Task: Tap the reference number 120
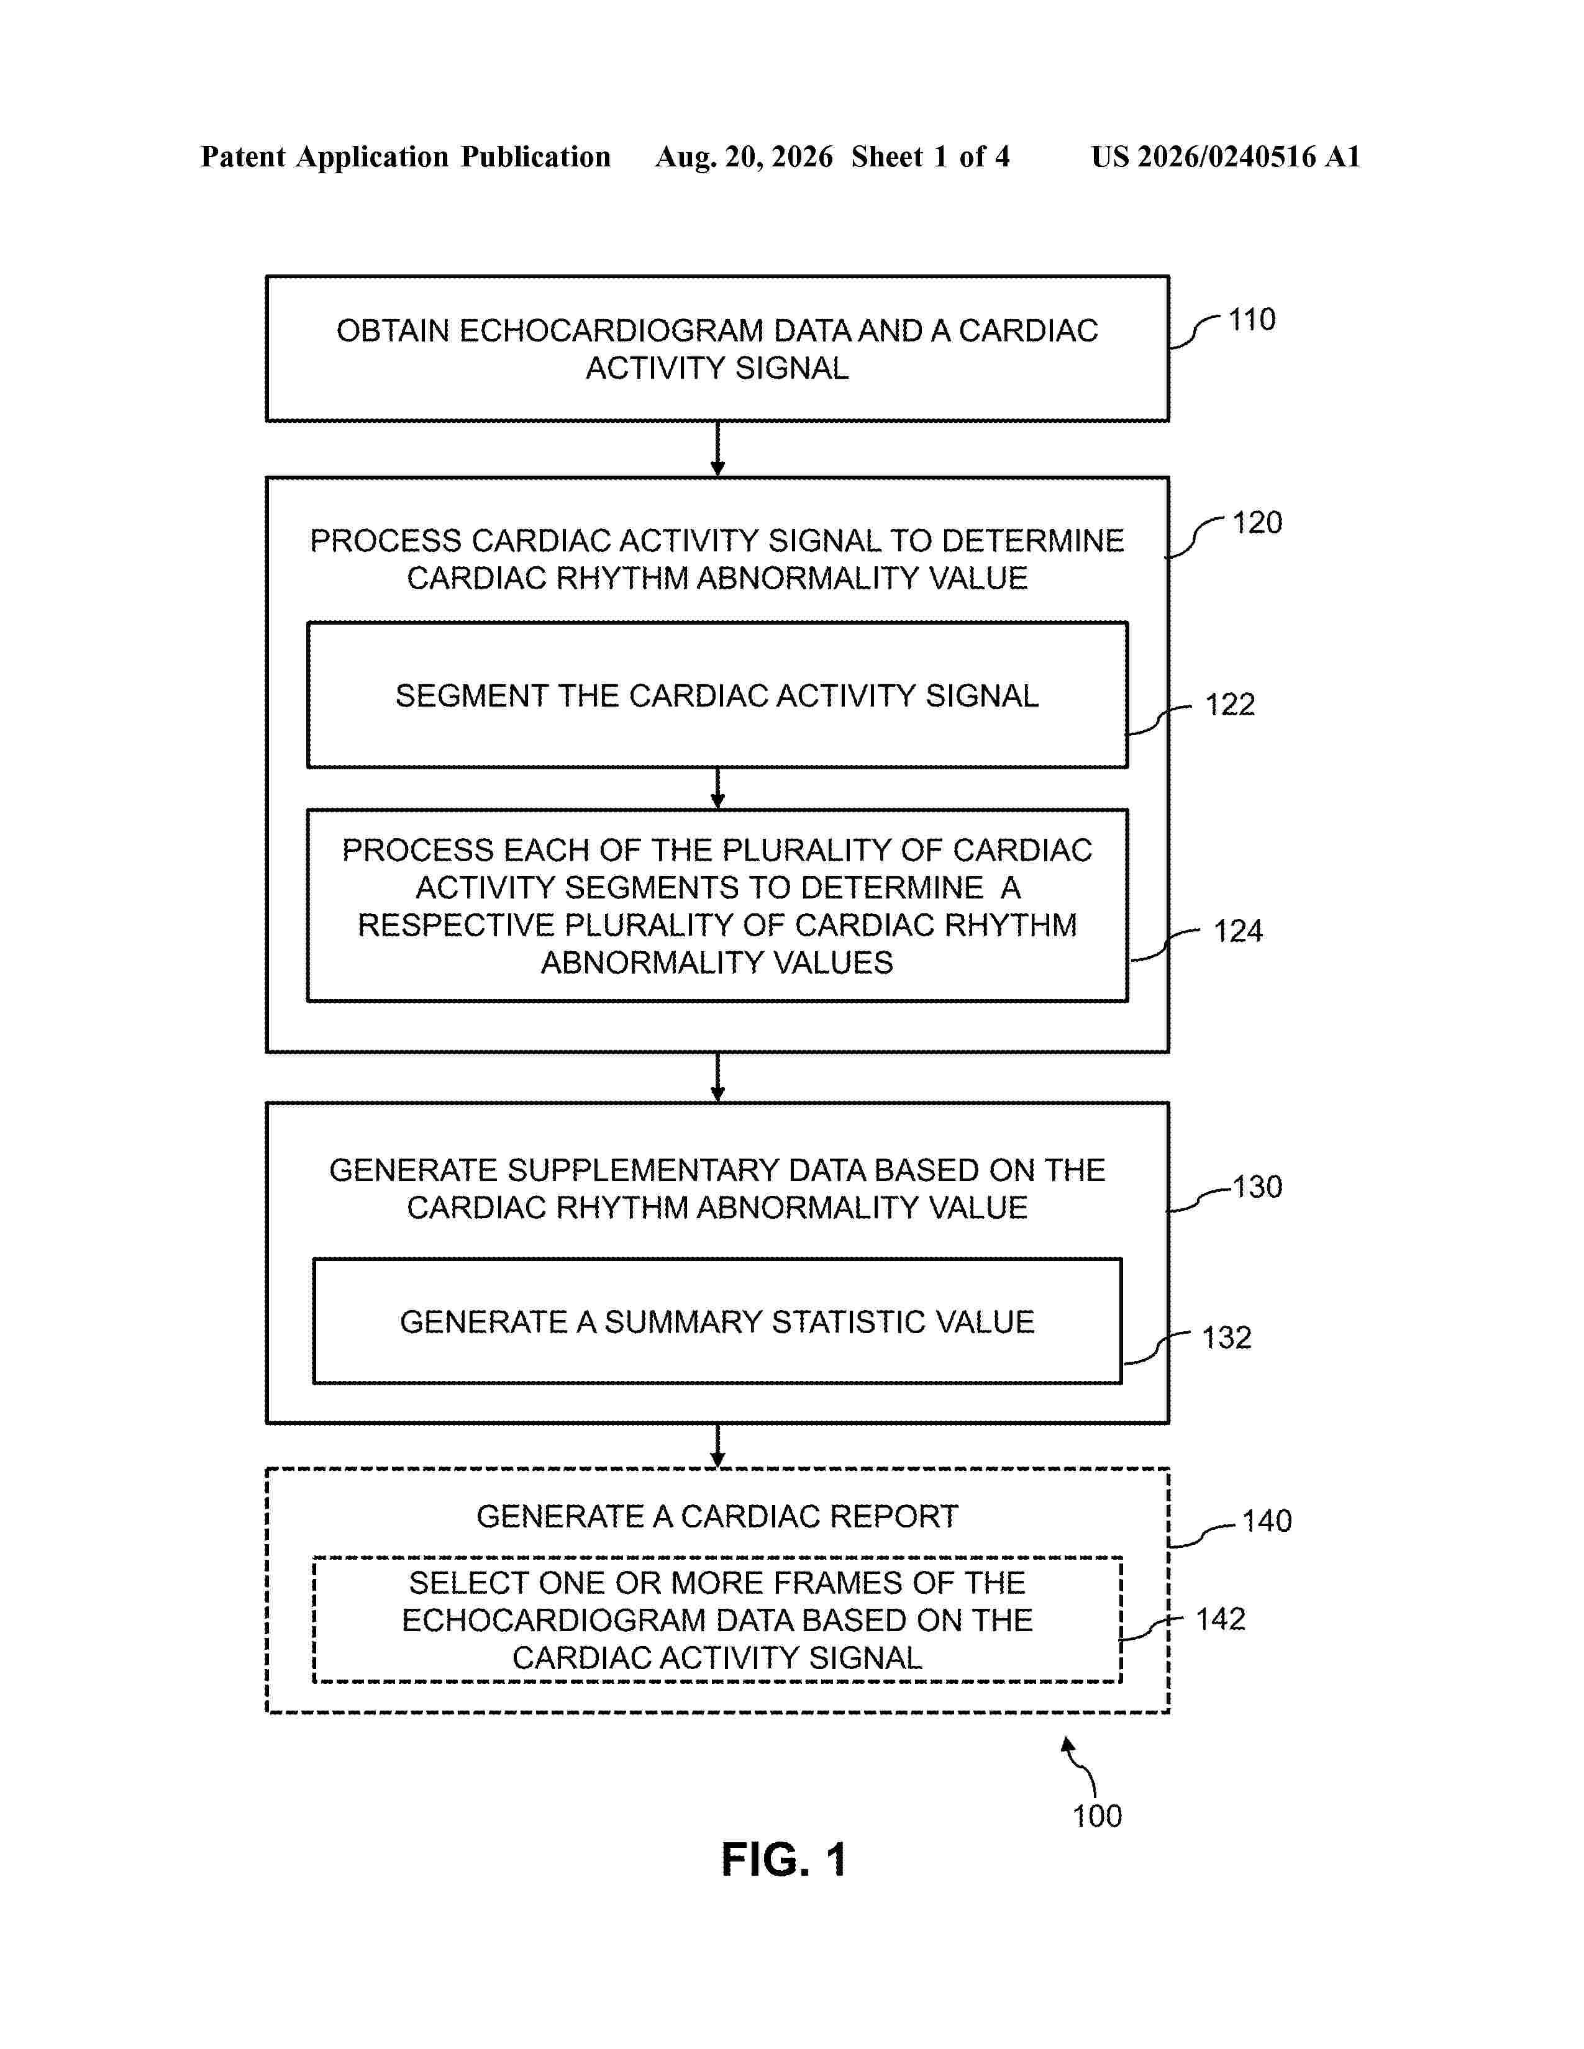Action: click(1257, 523)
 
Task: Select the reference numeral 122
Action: click(1229, 705)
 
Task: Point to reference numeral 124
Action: click(1238, 931)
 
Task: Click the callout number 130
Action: click(1257, 1187)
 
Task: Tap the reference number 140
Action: click(1267, 1521)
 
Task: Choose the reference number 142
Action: click(1220, 1619)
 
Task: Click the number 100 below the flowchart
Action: click(1097, 1816)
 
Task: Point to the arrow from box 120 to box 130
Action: click(718, 1077)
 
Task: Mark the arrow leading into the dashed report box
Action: click(718, 1445)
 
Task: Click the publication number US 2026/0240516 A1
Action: click(1226, 156)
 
